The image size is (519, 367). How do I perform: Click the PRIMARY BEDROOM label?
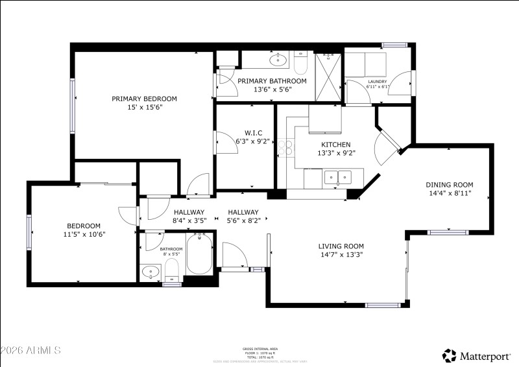point(144,99)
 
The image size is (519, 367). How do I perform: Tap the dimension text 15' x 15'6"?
point(144,108)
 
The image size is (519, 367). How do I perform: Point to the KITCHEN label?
point(336,145)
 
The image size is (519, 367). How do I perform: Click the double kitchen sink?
point(337,176)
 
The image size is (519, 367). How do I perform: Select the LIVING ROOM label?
point(341,246)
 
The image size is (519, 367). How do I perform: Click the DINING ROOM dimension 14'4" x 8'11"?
point(450,193)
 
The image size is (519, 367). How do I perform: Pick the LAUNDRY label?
point(377,82)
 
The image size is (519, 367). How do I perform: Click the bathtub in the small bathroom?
point(198,256)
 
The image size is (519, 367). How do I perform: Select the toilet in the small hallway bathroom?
point(172,268)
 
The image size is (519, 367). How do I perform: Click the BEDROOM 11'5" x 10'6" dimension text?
point(84,234)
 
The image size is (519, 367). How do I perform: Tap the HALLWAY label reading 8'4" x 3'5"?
point(189,220)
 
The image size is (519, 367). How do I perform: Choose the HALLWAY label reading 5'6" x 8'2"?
point(243,220)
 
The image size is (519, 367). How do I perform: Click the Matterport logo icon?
point(449,355)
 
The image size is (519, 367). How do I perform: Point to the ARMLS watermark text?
point(30,350)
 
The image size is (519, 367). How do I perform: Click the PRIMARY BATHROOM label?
point(272,81)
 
